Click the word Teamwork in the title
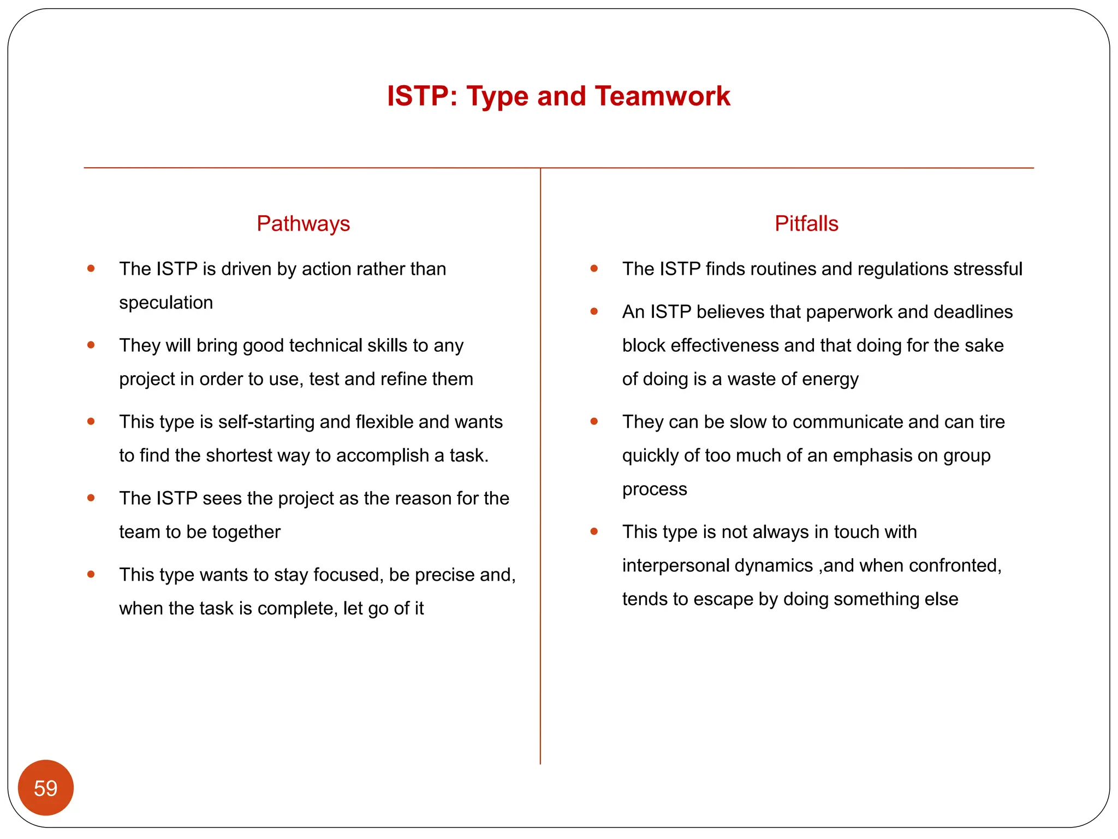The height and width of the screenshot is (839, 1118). tap(662, 96)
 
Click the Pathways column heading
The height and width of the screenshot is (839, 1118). tap(303, 224)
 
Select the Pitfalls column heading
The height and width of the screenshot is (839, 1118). tap(806, 224)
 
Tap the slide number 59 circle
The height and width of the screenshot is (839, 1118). tap(46, 788)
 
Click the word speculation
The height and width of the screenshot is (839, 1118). tap(166, 303)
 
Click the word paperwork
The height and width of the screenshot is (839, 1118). tap(848, 312)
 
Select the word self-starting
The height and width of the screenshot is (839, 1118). tap(266, 422)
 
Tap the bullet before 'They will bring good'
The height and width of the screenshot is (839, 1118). tap(91, 345)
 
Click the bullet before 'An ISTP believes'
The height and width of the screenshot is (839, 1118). tap(594, 312)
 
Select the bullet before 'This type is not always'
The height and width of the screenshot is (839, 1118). tap(594, 531)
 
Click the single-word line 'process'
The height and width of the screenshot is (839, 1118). tap(654, 489)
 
